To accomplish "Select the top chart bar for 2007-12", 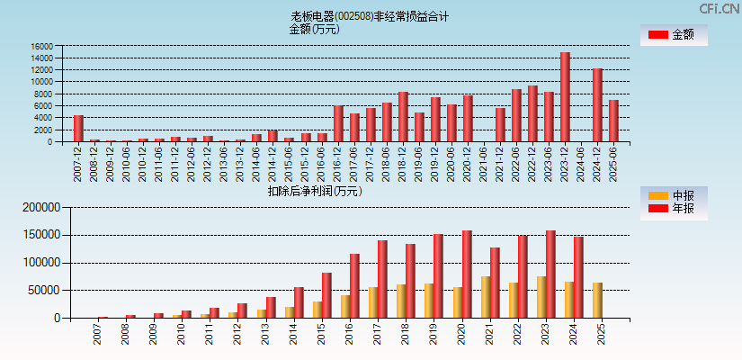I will pos(78,128).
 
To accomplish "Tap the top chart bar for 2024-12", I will pos(597,104).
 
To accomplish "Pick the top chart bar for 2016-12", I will pos(338,123).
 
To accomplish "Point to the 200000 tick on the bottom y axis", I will pos(39,207).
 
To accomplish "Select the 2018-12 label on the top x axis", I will pos(403,162).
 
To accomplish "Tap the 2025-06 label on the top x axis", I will pos(613,162).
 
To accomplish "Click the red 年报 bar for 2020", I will pos(467,274).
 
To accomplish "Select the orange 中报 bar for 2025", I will pos(597,301).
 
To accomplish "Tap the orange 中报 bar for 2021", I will pos(486,297).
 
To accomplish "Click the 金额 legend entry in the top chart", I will pos(674,35).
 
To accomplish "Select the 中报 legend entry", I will pos(674,195).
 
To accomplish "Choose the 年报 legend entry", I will pos(674,209).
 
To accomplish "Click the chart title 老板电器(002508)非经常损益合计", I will pos(370,16).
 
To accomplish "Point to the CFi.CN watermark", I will pos(720,8).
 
